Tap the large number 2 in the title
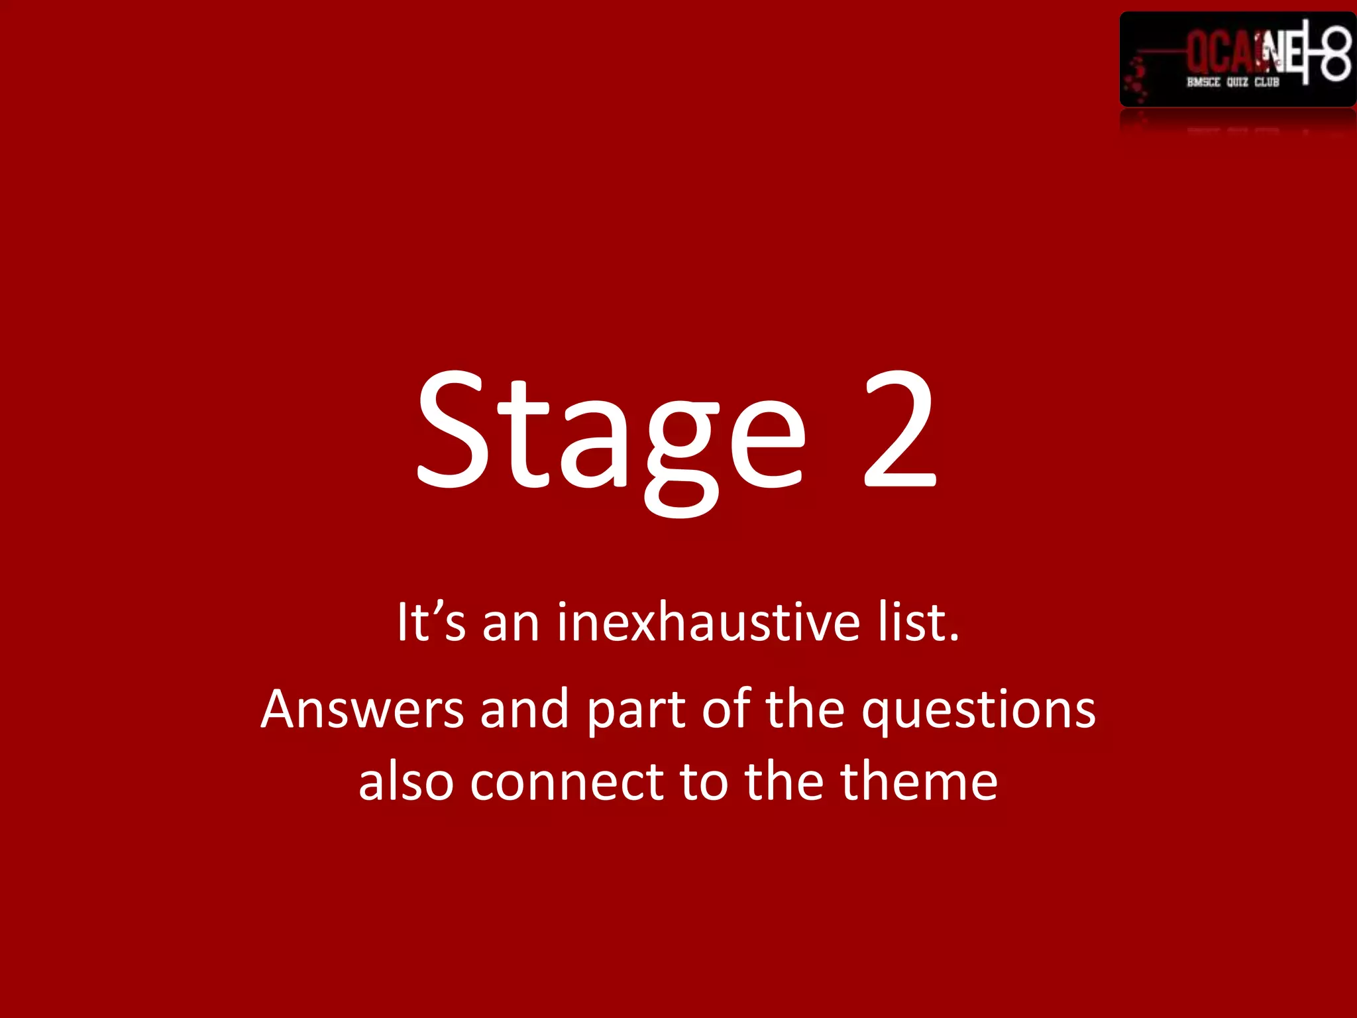900,431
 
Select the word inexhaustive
708,622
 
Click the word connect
567,782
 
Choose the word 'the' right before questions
805,710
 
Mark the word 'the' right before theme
785,782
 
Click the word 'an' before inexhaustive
510,624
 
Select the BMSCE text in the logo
1203,82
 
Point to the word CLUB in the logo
1266,82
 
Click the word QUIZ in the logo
1236,82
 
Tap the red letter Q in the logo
1199,53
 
